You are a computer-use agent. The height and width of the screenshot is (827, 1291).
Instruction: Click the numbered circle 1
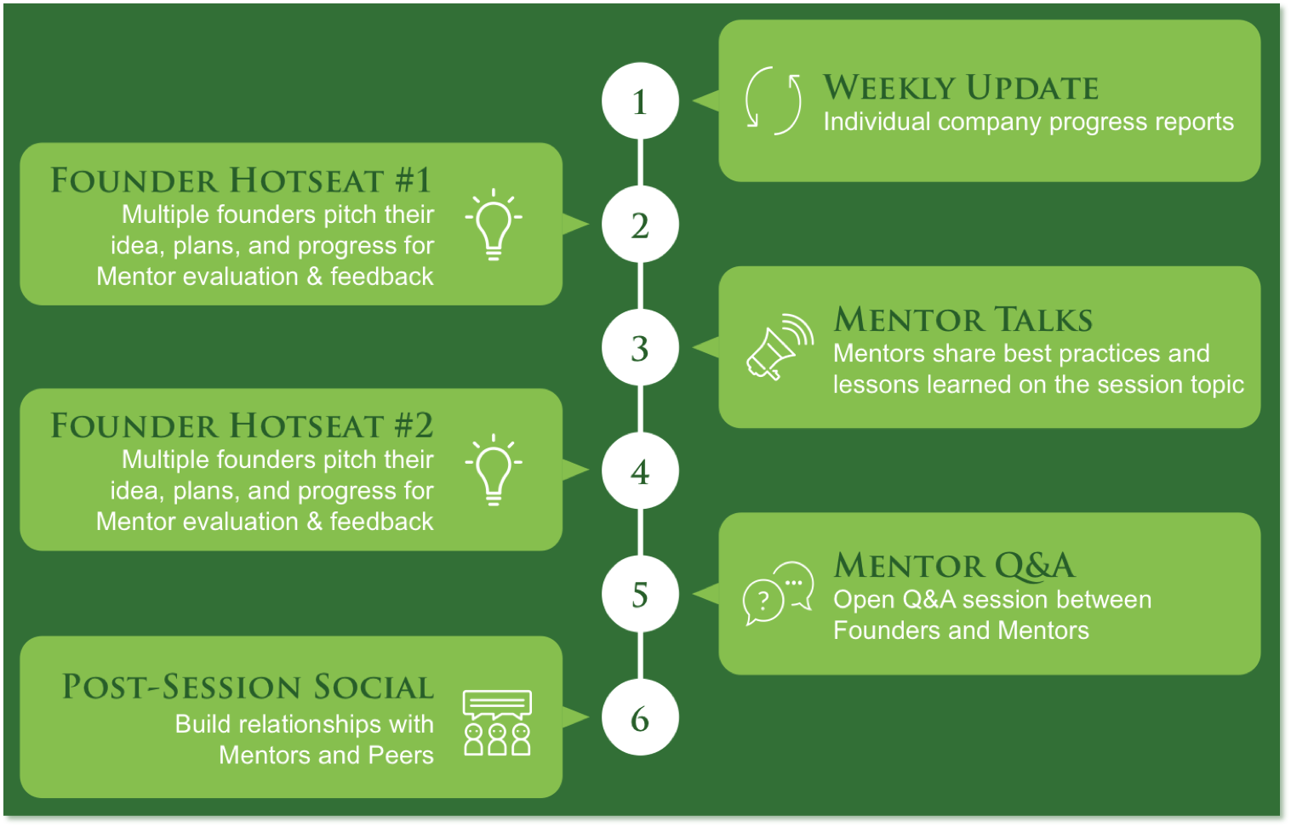[640, 101]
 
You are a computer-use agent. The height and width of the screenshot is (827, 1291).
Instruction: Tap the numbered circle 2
[640, 224]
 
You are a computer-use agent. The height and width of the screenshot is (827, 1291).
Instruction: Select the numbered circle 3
[640, 347]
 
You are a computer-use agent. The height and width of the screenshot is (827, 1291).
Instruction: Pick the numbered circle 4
[640, 471]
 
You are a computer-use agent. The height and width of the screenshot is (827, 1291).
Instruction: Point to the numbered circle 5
[640, 594]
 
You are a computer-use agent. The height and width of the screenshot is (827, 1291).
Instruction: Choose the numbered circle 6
[640, 717]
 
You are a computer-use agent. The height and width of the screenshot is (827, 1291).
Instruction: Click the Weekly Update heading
[961, 88]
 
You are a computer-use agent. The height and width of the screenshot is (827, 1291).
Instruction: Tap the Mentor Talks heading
[963, 319]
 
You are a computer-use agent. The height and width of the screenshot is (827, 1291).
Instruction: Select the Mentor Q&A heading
[954, 565]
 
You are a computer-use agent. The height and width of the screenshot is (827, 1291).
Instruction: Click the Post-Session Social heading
[248, 687]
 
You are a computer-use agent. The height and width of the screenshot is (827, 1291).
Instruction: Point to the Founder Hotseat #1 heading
[241, 180]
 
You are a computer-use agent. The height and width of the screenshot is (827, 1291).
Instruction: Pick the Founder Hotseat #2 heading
[242, 425]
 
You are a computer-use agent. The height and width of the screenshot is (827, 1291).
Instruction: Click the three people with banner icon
[497, 722]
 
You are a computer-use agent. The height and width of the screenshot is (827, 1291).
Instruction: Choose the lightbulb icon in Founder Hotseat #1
[494, 225]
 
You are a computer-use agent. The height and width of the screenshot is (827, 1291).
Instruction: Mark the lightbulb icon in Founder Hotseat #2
[494, 470]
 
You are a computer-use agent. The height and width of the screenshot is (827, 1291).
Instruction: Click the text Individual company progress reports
[1028, 123]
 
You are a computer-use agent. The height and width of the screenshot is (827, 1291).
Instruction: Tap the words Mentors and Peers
[326, 755]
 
